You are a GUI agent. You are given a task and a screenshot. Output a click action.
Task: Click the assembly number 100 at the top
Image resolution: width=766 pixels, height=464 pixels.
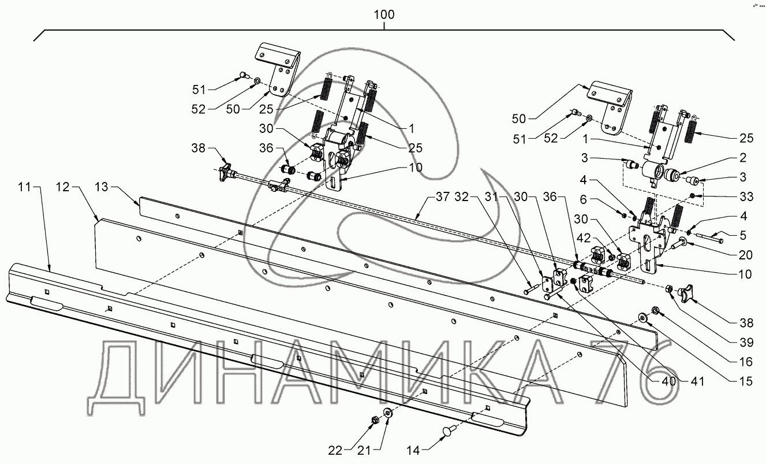384,14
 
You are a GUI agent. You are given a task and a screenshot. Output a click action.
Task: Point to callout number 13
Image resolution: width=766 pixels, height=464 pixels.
101,188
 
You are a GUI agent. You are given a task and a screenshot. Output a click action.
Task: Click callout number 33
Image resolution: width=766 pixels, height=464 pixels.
747,198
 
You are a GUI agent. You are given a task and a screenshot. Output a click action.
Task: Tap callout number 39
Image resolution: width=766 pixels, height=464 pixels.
747,342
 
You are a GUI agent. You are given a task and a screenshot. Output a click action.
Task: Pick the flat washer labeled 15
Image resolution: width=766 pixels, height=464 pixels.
642,318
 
